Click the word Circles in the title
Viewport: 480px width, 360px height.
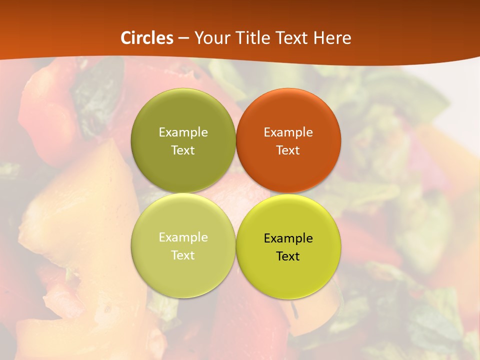point(147,38)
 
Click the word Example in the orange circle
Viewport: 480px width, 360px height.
point(288,132)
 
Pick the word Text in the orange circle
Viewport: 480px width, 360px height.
point(288,150)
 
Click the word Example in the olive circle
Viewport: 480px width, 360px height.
point(183,132)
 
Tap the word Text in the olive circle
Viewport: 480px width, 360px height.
point(183,150)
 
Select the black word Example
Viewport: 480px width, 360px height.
point(288,238)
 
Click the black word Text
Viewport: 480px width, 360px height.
point(288,256)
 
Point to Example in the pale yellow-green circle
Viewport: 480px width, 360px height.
point(183,237)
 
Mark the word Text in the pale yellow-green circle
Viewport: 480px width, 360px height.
point(183,255)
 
